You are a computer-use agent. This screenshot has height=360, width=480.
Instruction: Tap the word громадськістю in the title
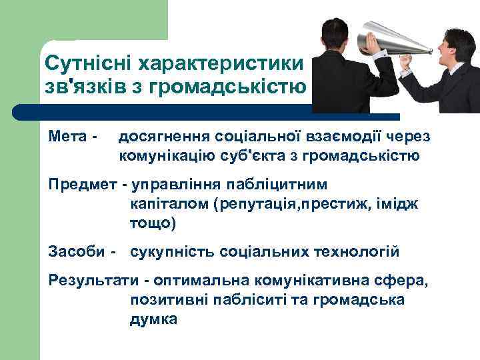(236, 87)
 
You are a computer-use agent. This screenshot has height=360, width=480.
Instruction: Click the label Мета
(69, 137)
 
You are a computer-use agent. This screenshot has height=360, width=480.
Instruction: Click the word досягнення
(163, 137)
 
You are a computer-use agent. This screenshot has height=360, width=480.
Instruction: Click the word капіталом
(168, 203)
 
